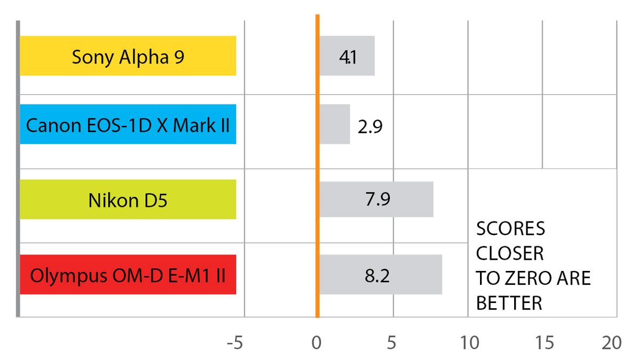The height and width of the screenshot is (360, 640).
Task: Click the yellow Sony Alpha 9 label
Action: point(128,56)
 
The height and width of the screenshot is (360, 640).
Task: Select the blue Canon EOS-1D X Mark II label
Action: point(128,124)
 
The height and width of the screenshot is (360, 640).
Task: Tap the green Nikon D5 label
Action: point(128,199)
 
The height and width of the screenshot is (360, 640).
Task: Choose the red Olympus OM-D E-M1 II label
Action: point(128,275)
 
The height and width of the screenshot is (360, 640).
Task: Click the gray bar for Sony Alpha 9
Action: point(347,56)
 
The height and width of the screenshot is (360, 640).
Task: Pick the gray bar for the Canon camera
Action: point(334,124)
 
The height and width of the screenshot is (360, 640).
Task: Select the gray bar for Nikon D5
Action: point(376,199)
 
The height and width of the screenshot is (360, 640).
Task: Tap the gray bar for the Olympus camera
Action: point(380,275)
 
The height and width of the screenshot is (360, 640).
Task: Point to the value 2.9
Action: point(370,128)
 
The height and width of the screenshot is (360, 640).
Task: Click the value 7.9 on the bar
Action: point(377,200)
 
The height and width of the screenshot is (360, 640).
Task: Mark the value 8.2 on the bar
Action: point(377,276)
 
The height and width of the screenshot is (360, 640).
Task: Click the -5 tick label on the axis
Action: point(235,343)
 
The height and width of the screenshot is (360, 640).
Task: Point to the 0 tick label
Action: point(317,343)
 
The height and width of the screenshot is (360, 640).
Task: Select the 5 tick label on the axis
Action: point(392,343)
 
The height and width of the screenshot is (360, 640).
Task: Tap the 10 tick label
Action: point(469,343)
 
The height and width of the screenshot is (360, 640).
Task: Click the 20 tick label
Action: point(611,343)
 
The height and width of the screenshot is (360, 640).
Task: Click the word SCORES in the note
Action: point(510,229)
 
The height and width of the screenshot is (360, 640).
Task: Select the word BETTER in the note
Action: point(509,303)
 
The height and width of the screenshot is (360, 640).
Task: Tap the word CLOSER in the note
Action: point(510,254)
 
